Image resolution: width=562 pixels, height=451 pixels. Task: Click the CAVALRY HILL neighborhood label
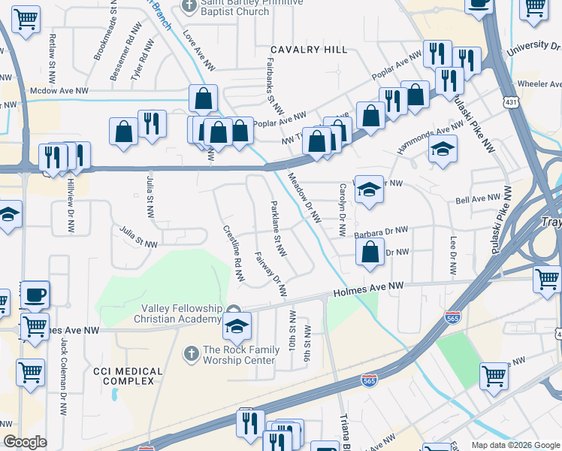(x=310, y=50)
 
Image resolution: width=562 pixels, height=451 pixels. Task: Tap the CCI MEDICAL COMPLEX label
(x=128, y=377)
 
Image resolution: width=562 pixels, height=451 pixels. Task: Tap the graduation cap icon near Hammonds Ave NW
(x=443, y=149)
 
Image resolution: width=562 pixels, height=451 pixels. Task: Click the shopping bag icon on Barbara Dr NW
(x=370, y=253)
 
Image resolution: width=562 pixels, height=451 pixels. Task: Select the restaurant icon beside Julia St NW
(x=152, y=124)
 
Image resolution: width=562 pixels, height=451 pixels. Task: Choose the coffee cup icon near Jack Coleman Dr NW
(x=35, y=295)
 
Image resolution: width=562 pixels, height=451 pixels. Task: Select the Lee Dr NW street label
(x=453, y=256)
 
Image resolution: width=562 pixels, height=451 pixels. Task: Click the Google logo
(x=25, y=442)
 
